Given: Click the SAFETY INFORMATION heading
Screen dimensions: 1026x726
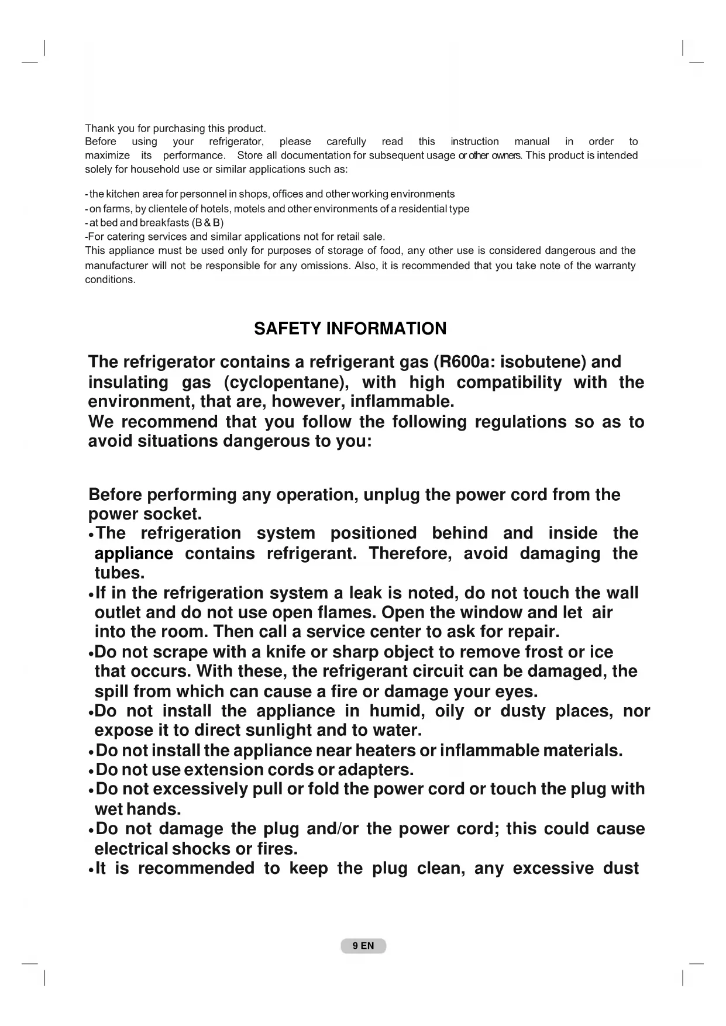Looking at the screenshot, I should (350, 329).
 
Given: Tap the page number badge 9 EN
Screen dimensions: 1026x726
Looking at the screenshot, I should (363, 946).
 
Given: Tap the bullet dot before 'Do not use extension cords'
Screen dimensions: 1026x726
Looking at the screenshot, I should (91, 771).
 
